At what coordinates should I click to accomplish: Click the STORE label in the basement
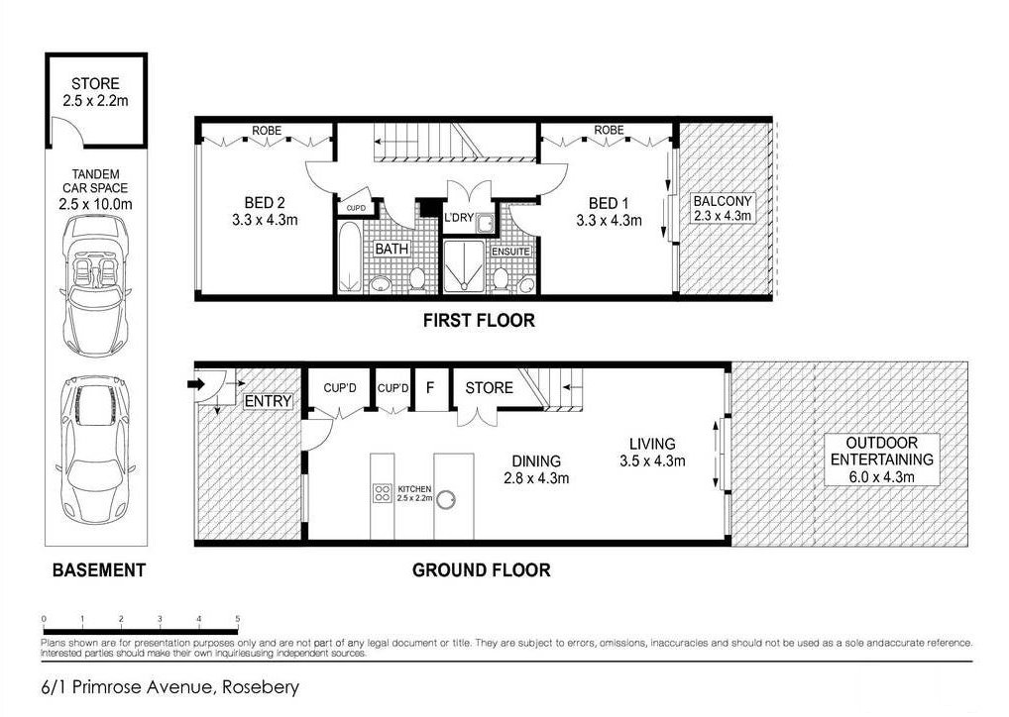[x=95, y=84]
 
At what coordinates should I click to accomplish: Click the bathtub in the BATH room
[x=351, y=259]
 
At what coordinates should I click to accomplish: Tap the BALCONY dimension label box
[x=723, y=208]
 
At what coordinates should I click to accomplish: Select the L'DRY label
[x=459, y=218]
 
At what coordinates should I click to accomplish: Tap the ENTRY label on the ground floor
[x=269, y=401]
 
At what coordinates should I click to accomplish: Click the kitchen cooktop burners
[x=383, y=493]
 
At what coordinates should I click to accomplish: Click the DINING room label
[x=536, y=461]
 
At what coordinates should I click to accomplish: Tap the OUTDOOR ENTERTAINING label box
[x=881, y=460]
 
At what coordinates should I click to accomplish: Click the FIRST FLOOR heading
[x=478, y=320]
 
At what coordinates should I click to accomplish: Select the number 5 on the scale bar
[x=238, y=619]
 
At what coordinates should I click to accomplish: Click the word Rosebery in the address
[x=261, y=686]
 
